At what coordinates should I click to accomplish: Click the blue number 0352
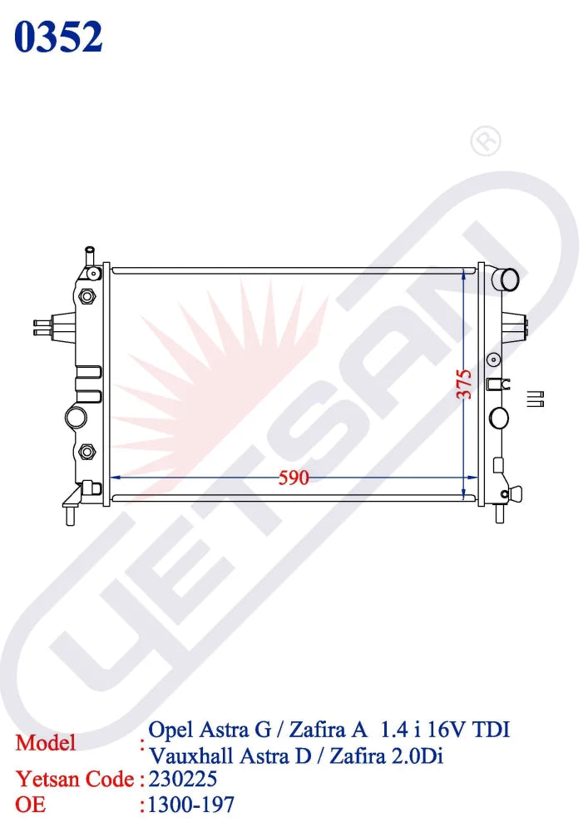58,37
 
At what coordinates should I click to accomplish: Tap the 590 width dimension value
294,478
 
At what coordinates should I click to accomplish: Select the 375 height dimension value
464,384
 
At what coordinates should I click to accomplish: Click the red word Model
46,742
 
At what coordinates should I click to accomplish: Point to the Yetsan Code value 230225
183,779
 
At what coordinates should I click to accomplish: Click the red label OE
30,805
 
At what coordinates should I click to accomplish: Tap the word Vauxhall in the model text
191,755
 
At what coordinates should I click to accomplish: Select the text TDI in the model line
491,730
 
